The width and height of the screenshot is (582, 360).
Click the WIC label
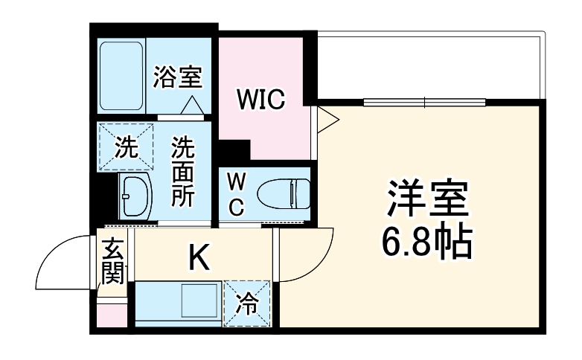tap(260, 100)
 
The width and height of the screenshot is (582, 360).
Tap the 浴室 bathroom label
tap(178, 77)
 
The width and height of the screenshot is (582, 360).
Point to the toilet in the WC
tap(282, 195)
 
